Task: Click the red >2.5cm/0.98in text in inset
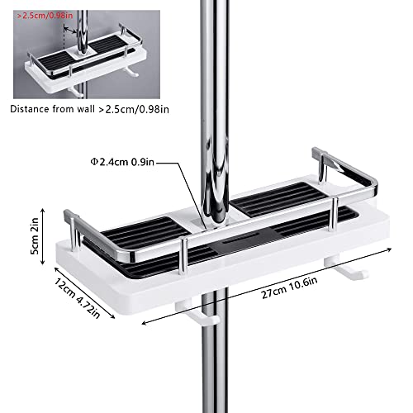pos(45,16)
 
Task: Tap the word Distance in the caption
pos(30,109)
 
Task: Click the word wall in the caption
pos(86,109)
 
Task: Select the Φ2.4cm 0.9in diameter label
pos(122,162)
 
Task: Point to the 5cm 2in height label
pos(35,236)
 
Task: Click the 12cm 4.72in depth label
pos(77,298)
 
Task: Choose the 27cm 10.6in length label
pos(289,287)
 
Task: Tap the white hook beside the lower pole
pos(197,314)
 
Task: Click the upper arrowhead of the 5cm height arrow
pos(42,210)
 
